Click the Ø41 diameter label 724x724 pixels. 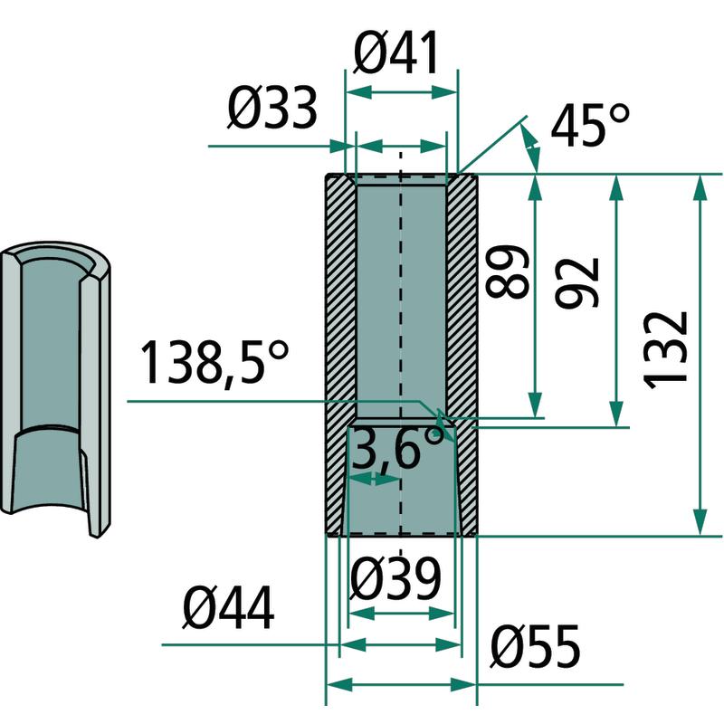point(395,53)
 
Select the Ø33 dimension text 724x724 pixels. point(272,108)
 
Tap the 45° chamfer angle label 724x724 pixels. point(590,124)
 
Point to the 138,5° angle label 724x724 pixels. point(214,364)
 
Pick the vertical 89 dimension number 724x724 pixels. point(507,271)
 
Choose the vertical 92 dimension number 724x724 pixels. point(576,282)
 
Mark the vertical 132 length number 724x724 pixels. point(665,350)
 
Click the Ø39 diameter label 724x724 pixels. point(395,578)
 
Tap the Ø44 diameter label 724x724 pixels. point(229,608)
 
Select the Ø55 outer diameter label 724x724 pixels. point(535,646)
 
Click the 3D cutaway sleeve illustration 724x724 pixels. point(55,389)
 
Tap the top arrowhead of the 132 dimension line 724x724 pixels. point(700,188)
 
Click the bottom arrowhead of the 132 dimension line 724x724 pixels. point(700,522)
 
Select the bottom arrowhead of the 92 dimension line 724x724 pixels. point(616,414)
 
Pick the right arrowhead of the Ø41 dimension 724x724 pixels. point(444,92)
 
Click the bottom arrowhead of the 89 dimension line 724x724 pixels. point(535,405)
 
